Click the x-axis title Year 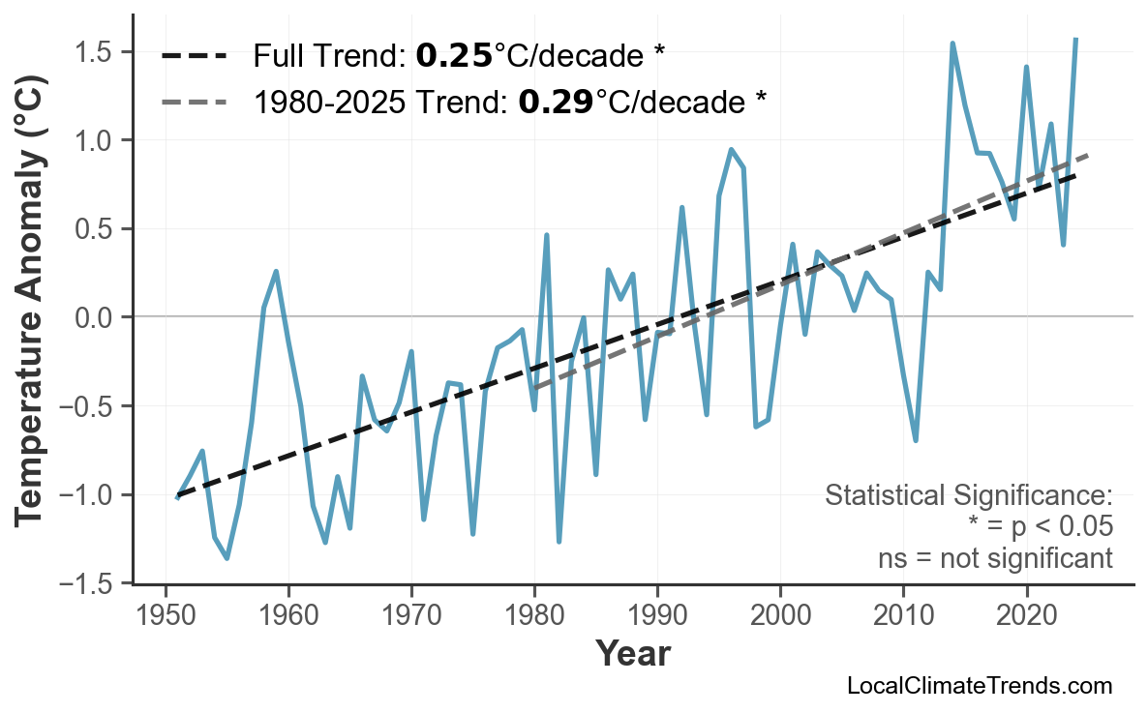(632, 654)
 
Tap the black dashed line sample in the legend (195, 56)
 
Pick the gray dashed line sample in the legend (195, 101)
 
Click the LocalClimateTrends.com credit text (980, 686)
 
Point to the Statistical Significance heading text (968, 496)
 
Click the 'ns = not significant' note (995, 558)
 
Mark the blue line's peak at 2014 (952, 44)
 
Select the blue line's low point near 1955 (227, 558)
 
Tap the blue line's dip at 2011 (916, 441)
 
